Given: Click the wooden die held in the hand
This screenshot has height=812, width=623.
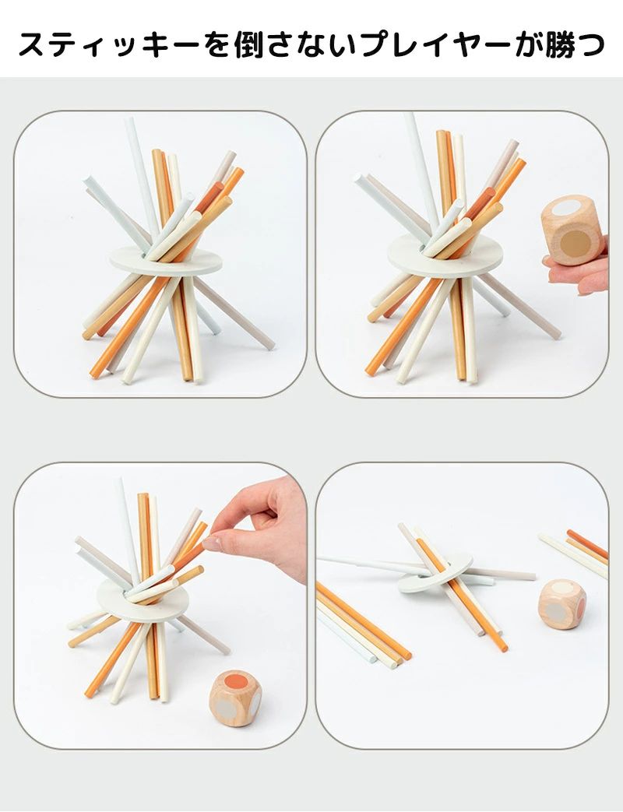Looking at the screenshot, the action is pyautogui.click(x=572, y=230).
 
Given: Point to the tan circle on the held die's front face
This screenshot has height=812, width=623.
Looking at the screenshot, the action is pyautogui.click(x=575, y=242).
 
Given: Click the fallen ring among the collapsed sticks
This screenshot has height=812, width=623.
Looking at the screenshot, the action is pyautogui.click(x=435, y=573).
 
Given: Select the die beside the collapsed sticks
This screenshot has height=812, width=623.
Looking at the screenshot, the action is pyautogui.click(x=563, y=604).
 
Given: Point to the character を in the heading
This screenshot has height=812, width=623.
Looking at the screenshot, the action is pyautogui.click(x=215, y=44).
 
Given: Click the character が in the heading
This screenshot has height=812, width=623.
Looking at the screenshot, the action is pyautogui.click(x=529, y=44).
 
